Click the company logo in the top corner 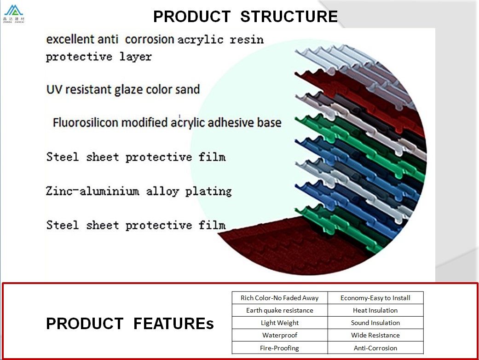click(x=13, y=14)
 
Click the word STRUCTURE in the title click(x=289, y=17)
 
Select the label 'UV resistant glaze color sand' click(x=123, y=90)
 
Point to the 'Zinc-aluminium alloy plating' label click(x=139, y=192)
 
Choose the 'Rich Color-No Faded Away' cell click(x=279, y=298)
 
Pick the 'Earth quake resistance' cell click(x=279, y=310)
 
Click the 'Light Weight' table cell click(x=279, y=323)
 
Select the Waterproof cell click(x=279, y=335)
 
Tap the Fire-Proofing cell click(x=279, y=348)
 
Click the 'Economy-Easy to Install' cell click(x=375, y=298)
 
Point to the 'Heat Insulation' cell click(x=375, y=310)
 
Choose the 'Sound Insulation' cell click(x=375, y=323)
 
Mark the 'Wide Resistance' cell click(x=375, y=335)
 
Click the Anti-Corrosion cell click(x=375, y=348)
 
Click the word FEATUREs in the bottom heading click(x=173, y=324)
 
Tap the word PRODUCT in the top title click(x=192, y=17)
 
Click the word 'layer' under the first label click(x=135, y=57)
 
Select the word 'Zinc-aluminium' click(x=92, y=192)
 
